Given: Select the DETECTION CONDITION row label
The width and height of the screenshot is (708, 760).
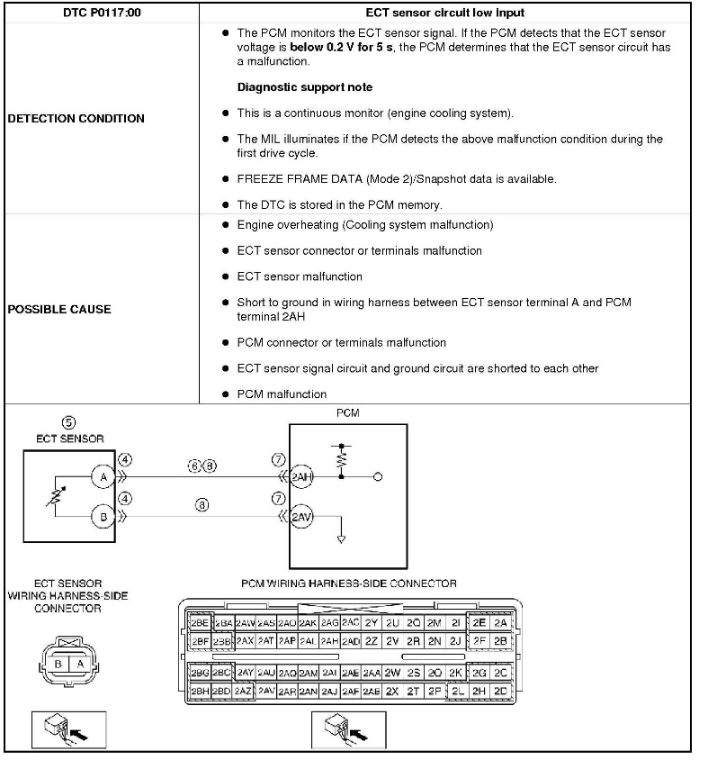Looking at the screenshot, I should point(76,118).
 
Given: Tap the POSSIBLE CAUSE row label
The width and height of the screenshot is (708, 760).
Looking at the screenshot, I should point(59,309).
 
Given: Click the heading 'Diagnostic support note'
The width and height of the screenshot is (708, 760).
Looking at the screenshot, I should point(304,87).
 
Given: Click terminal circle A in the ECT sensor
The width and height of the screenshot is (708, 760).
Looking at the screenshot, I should point(103,476).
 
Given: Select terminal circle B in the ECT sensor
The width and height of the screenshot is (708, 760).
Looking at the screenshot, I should point(103,516).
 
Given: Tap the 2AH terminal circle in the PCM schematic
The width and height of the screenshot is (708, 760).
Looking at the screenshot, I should point(302,477).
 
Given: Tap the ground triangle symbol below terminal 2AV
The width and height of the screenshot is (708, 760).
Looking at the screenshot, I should point(341,539).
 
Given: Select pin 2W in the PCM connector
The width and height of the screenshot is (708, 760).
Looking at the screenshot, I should point(392,673).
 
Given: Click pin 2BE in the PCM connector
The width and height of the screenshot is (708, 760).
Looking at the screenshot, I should point(200,622).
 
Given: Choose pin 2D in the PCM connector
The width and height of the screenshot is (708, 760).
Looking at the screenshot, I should point(501,691).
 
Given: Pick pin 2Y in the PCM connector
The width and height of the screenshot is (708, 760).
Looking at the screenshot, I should point(372,622).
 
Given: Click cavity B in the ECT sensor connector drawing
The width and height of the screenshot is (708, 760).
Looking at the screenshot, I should point(58,665).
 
